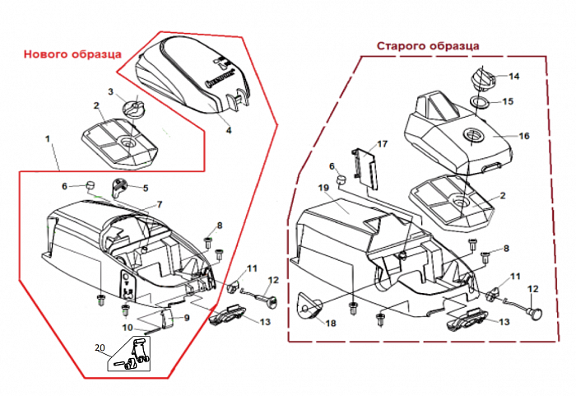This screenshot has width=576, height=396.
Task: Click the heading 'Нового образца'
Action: (x=72, y=54)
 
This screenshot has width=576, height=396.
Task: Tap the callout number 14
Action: (x=514, y=77)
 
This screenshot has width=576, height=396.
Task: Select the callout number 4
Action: (x=229, y=130)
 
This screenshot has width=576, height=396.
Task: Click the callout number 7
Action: (x=160, y=203)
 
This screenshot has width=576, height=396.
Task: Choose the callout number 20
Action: (x=100, y=348)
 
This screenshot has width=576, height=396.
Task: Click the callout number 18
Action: (x=331, y=324)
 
